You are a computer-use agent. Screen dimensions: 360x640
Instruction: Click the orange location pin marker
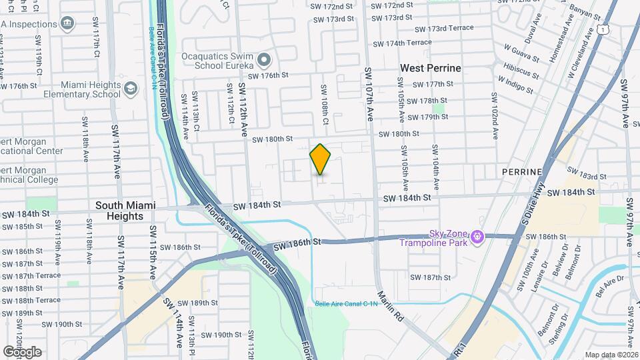coord(320,159)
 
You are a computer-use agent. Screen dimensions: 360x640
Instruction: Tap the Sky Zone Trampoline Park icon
coord(477,236)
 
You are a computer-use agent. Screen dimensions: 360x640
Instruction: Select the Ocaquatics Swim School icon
coord(264,61)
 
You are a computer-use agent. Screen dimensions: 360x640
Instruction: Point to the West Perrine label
coord(430,68)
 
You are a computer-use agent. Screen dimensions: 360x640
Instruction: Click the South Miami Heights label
coord(119,211)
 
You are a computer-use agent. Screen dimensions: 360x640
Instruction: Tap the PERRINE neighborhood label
coord(522,172)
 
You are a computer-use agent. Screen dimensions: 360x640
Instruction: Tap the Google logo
coord(22,351)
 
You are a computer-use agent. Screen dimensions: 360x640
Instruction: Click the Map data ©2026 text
coord(611,355)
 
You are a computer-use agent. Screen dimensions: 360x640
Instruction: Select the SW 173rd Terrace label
coord(443,29)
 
